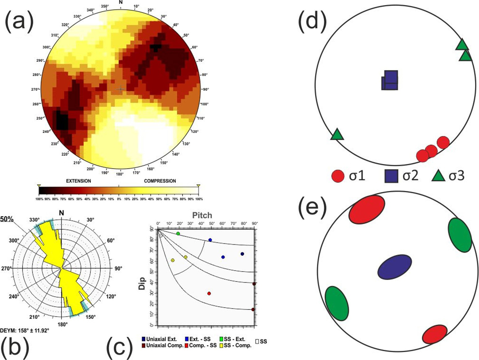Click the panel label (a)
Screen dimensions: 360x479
tap(19, 21)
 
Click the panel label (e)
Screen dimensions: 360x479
tap(312, 207)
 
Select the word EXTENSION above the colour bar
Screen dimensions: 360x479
tap(78, 181)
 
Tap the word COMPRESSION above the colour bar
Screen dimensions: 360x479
tap(160, 181)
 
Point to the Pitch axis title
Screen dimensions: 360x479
tap(202, 215)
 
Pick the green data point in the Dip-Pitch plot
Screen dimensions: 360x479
tap(178, 233)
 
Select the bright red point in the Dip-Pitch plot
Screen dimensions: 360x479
tap(209, 293)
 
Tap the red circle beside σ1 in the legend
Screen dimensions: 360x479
tap(338, 176)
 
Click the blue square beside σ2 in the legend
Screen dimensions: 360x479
tap(391, 176)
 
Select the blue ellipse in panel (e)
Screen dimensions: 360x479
tap(395, 267)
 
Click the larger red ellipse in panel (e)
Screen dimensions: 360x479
tap(367, 209)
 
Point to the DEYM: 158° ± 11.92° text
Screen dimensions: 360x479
tap(25, 330)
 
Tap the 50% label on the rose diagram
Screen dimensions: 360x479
tap(7, 219)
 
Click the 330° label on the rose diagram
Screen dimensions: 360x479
tap(35, 220)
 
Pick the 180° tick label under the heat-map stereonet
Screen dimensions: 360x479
tap(120, 174)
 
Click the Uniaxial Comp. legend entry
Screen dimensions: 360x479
tap(163, 345)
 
